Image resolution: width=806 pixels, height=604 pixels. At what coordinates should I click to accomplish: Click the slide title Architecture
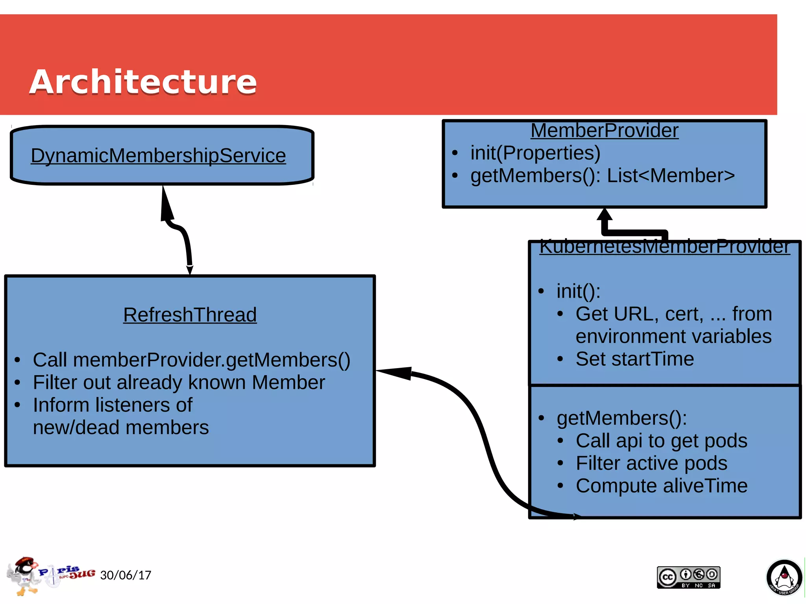[x=143, y=82]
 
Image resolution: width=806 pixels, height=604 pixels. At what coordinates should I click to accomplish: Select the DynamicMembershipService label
[x=158, y=155]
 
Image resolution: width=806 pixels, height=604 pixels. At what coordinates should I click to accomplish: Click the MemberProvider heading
[x=604, y=131]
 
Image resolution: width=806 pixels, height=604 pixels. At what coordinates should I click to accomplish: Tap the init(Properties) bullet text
[x=535, y=153]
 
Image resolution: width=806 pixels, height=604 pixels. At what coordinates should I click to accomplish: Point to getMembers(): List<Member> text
[x=602, y=176]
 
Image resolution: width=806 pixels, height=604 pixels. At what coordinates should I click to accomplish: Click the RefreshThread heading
[x=190, y=315]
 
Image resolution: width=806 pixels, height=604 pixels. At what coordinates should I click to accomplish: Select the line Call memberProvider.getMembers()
[x=191, y=360]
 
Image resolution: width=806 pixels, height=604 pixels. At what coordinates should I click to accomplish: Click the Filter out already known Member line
[x=179, y=383]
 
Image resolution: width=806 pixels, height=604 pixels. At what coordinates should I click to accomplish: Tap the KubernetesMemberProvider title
[x=664, y=247]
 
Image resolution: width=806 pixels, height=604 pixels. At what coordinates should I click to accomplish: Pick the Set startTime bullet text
[x=634, y=359]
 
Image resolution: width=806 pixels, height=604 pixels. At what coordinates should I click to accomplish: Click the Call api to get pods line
[x=661, y=441]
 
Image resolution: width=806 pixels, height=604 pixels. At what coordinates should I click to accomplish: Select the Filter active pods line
[x=651, y=463]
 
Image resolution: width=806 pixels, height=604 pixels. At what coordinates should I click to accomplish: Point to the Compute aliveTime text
[x=661, y=486]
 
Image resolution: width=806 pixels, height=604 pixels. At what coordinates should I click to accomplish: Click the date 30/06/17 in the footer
[x=126, y=575]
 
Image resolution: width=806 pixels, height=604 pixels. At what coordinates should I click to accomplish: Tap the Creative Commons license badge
[x=688, y=577]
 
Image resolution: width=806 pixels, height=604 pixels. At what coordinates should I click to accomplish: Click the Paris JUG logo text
[x=67, y=572]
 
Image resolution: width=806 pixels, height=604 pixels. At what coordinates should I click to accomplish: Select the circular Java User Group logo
[x=784, y=578]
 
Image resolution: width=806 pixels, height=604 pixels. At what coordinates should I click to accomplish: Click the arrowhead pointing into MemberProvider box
[x=604, y=215]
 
